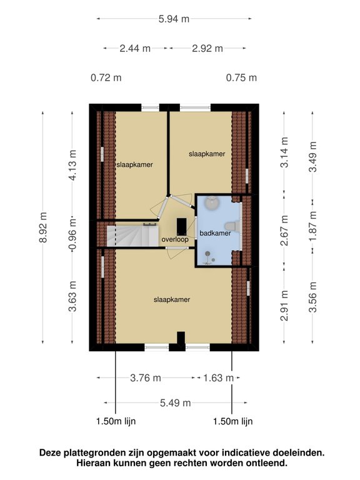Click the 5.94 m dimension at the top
(x=174, y=19)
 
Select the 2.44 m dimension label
(x=135, y=47)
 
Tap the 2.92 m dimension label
(x=207, y=47)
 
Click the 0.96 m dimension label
(x=73, y=232)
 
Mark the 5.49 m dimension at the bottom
(x=174, y=403)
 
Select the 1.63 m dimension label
(x=219, y=377)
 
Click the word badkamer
(x=215, y=233)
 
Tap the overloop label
(x=174, y=239)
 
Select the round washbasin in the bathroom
(x=213, y=203)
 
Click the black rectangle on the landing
(x=181, y=225)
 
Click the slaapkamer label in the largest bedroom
(x=172, y=299)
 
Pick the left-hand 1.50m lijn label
(x=116, y=421)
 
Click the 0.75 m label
(x=242, y=78)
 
